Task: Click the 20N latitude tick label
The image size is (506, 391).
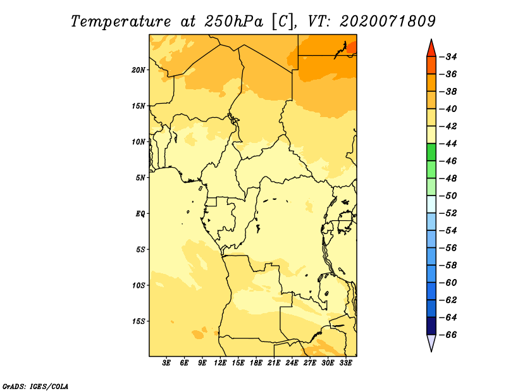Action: (x=139, y=70)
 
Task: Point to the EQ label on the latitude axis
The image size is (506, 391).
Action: (x=140, y=214)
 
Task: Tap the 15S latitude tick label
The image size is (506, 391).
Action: (x=139, y=321)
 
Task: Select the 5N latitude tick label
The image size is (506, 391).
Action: (x=140, y=178)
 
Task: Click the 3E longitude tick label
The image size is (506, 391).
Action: (x=166, y=363)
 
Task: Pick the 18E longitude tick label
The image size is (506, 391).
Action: (x=256, y=363)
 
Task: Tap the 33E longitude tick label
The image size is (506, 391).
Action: (x=345, y=363)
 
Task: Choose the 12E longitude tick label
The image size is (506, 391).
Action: (x=220, y=363)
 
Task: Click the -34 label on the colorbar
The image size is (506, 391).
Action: (x=448, y=57)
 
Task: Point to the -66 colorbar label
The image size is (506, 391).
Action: (x=448, y=335)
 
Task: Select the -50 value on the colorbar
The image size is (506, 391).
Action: (x=448, y=196)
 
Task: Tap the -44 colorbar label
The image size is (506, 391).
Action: (x=448, y=144)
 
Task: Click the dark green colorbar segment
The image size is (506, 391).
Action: (x=431, y=152)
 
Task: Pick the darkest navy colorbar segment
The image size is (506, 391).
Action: (x=431, y=326)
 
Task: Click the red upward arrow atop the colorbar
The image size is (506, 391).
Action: (x=431, y=49)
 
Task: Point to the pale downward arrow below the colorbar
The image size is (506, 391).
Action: (x=431, y=343)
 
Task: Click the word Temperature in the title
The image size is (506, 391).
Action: (x=121, y=22)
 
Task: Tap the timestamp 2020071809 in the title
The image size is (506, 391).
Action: (x=388, y=22)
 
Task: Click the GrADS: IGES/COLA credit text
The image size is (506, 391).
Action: (x=35, y=386)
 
